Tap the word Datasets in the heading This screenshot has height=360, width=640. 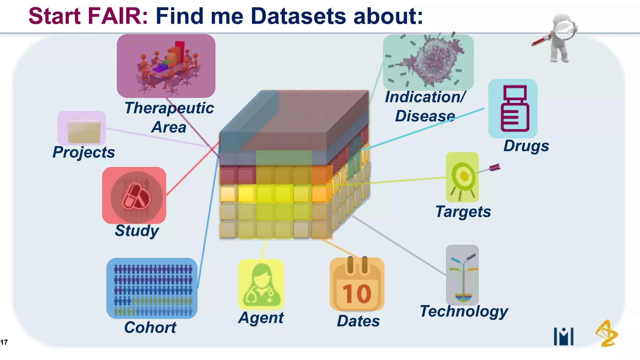pyautogui.click(x=298, y=16)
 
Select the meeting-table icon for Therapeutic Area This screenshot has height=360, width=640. pyautogui.click(x=166, y=66)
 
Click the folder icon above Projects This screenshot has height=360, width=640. pyautogui.click(x=82, y=128)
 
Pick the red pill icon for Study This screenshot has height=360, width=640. pyautogui.click(x=134, y=195)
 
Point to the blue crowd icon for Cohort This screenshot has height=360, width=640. pyautogui.click(x=152, y=288)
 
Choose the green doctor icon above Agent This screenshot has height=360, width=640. pyautogui.click(x=261, y=284)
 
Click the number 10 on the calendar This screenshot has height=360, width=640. pyautogui.click(x=357, y=293)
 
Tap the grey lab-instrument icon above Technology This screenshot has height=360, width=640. pyautogui.click(x=462, y=275)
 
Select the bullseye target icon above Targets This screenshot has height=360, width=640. pyautogui.click(x=462, y=177)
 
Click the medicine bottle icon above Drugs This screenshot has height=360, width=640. pyautogui.click(x=513, y=108)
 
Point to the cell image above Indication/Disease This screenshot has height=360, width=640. pyautogui.click(x=428, y=62)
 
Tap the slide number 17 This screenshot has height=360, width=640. pyautogui.click(x=4, y=342)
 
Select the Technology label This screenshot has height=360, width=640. pyautogui.click(x=464, y=312)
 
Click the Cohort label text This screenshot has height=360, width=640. pyautogui.click(x=150, y=327)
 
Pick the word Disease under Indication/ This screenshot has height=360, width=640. pyautogui.click(x=425, y=116)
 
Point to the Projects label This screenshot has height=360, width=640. pyautogui.click(x=84, y=152)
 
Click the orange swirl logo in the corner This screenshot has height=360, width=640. pyautogui.click(x=606, y=333)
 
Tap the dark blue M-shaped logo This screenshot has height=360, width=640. pyautogui.click(x=563, y=336)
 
